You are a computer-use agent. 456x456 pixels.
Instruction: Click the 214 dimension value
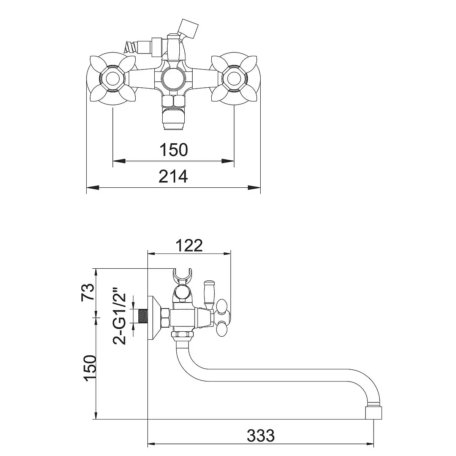coord(173,176)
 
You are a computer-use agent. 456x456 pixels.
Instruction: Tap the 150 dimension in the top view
coord(174,150)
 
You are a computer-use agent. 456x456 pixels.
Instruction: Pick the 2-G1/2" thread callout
coord(119,316)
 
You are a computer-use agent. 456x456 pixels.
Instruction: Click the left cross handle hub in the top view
coord(112,79)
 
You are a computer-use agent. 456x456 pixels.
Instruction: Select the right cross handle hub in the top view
coord(234,79)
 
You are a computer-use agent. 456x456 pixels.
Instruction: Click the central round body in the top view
coord(173,79)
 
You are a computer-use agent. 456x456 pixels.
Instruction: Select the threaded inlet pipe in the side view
coord(143,316)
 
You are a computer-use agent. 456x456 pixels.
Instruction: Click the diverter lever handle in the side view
coord(209,295)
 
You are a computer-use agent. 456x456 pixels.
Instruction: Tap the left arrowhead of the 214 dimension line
coord(93,188)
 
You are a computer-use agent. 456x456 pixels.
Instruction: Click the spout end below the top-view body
coord(173,118)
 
